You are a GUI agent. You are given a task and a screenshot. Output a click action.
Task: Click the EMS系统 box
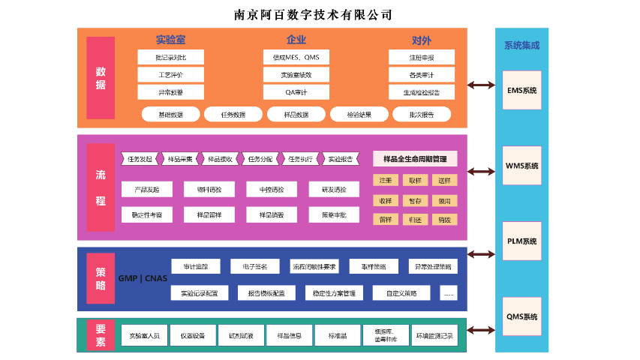[x=521, y=91]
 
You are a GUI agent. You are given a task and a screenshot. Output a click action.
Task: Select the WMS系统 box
[x=521, y=166]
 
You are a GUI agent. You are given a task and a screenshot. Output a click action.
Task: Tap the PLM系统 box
[x=521, y=241]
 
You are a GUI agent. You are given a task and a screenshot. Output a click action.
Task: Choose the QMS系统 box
[x=521, y=316]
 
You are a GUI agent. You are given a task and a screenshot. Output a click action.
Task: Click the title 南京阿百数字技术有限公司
[x=314, y=14]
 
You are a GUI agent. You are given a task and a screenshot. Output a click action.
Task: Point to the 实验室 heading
[x=170, y=40]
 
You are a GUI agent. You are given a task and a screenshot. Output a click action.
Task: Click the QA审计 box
[x=296, y=92]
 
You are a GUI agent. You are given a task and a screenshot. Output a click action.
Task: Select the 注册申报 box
[x=421, y=57]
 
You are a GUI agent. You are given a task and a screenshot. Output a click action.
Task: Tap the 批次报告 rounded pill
[x=421, y=115]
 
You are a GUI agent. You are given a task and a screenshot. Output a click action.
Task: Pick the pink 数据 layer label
[x=101, y=78]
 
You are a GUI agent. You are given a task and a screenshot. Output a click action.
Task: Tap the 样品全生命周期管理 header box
[x=415, y=159]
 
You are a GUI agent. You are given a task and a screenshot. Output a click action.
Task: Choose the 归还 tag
[x=415, y=220]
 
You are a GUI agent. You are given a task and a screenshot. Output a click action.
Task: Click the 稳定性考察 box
[x=147, y=214]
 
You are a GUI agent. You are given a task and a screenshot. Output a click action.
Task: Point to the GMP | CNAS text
[x=143, y=278]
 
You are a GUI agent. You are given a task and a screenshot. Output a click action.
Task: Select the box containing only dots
[x=449, y=292]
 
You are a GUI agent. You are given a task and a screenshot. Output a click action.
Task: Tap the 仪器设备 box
[x=193, y=335]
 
